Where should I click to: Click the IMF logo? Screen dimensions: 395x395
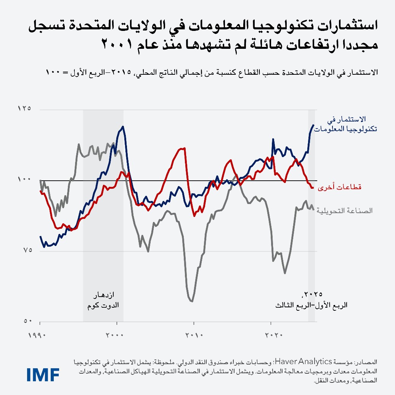click(43, 374)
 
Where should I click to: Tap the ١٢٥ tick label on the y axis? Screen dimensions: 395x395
click(24, 109)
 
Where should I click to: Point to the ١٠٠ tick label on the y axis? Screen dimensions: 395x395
click(24, 180)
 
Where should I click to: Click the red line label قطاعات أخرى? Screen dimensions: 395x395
click(339, 187)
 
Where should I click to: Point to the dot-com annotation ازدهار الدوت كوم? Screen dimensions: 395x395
click(103, 300)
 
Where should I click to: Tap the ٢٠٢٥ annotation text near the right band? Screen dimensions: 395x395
click(313, 294)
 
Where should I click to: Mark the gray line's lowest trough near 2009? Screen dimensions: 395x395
click(191, 302)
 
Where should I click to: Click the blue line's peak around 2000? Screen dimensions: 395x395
click(123, 127)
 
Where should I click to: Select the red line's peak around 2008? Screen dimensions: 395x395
click(183, 148)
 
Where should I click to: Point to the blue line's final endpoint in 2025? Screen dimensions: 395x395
click(313, 125)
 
